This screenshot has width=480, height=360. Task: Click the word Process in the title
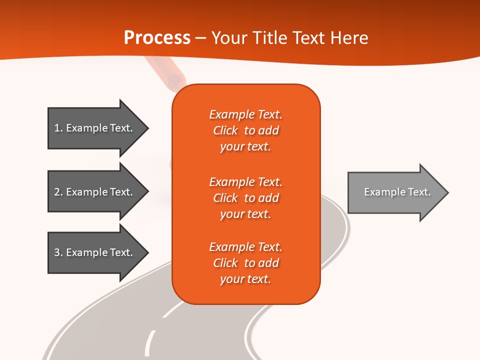(x=157, y=38)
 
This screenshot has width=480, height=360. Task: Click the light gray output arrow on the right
(x=395, y=192)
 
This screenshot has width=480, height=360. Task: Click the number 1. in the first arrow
(x=58, y=128)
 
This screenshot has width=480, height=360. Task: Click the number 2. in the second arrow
(x=58, y=192)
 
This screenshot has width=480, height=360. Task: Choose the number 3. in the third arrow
(x=58, y=252)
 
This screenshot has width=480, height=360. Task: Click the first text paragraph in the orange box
(x=245, y=130)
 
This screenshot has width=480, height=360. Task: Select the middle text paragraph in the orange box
(x=245, y=198)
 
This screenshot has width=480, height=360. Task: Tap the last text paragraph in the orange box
(x=245, y=263)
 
